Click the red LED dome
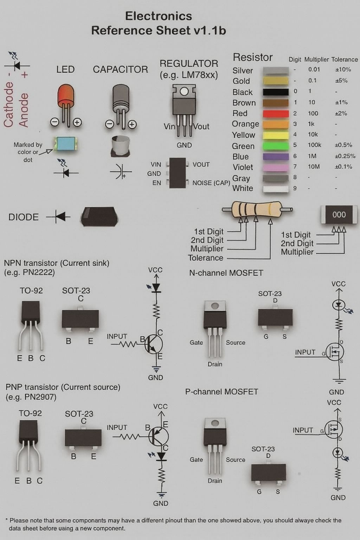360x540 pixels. coord(66,94)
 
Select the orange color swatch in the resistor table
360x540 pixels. coord(276,124)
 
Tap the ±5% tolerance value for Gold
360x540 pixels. coord(341,81)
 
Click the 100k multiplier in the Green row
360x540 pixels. coord(314,145)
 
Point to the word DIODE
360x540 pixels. coord(24,217)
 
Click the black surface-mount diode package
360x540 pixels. coord(99,216)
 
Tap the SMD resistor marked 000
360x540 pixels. coord(339,214)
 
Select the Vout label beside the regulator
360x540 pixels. coord(201,127)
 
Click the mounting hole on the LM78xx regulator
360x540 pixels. coord(184,91)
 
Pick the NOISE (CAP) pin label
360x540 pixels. coord(211,183)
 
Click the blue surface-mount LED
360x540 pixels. coord(65,144)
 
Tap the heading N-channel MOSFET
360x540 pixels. coord(226,273)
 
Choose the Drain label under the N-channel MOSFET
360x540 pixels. coord(215,364)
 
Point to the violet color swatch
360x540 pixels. coord(276,167)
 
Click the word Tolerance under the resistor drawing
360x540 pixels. coord(206,258)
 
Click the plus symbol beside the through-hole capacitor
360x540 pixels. coord(132,124)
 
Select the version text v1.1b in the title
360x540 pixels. coord(210,31)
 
